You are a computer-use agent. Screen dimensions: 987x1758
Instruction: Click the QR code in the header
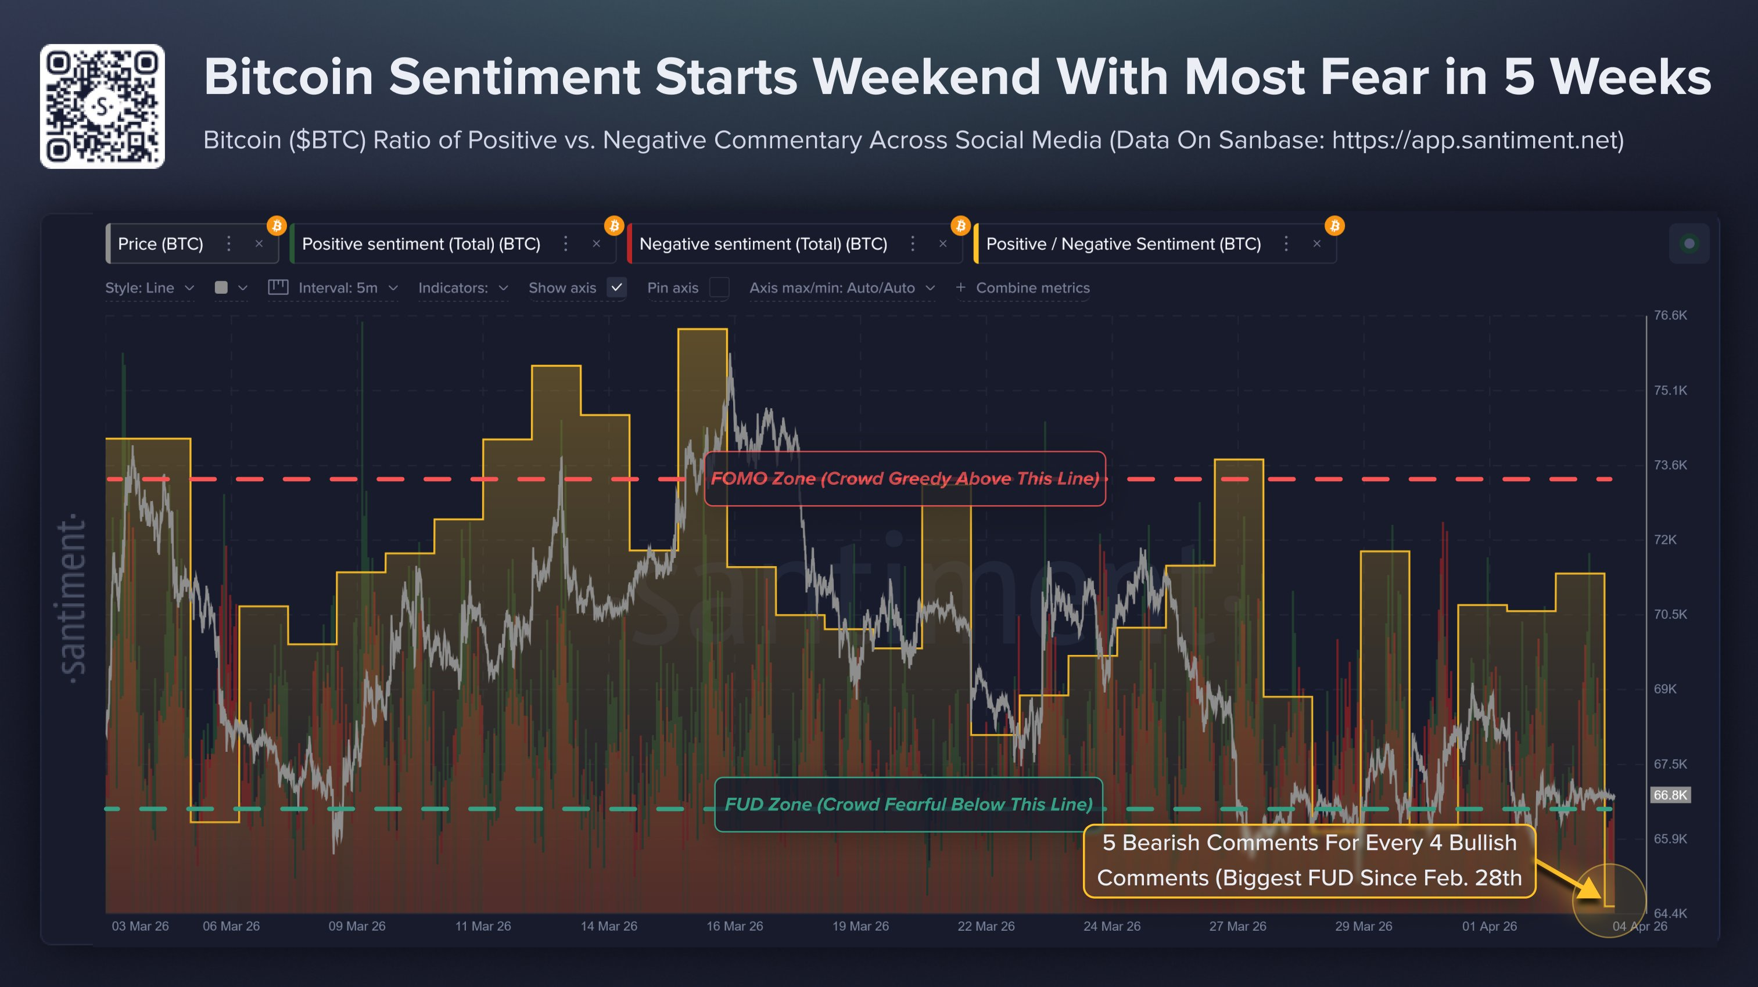click(102, 106)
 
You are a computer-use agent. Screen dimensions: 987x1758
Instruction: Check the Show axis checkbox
click(616, 288)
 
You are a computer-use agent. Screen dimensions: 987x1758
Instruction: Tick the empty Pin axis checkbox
click(719, 288)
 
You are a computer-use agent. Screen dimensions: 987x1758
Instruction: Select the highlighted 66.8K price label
click(1669, 795)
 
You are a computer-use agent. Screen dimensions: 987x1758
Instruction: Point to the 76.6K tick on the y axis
click(1669, 316)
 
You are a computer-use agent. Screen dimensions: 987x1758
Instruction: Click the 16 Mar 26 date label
click(734, 926)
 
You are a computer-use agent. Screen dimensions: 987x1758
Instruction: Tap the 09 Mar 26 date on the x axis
click(357, 926)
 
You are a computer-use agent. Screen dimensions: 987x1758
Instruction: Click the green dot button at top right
click(1689, 243)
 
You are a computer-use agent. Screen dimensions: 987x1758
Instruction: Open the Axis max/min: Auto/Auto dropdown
click(841, 288)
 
